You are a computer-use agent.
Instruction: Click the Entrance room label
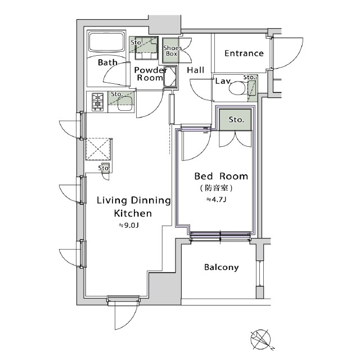[x=244, y=53]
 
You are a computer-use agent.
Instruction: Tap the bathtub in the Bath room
[x=106, y=43]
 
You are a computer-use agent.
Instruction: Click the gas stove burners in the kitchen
[x=97, y=102]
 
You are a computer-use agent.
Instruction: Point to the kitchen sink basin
[x=125, y=104]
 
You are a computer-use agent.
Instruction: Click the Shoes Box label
[x=172, y=51]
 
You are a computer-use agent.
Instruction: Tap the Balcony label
[x=221, y=268]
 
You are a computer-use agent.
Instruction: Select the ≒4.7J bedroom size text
[x=216, y=200]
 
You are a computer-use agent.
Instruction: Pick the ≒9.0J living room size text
[x=129, y=226]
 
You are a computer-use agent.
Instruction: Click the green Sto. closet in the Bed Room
[x=235, y=120]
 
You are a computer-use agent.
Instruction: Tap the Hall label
[x=195, y=70]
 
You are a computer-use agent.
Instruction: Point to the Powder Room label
[x=150, y=74]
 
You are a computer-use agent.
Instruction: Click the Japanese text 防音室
[x=216, y=188]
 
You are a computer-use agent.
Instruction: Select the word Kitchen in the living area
[x=133, y=214]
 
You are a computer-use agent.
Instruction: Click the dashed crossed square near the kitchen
[x=98, y=149]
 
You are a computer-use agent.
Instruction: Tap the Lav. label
[x=223, y=81]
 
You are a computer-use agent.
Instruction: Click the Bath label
[x=107, y=62]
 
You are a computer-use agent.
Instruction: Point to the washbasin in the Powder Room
[x=170, y=76]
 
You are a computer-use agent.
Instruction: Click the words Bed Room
[x=221, y=176]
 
